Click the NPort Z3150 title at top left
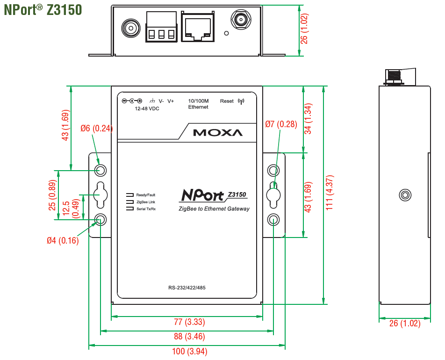[x=43, y=10]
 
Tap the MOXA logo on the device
[x=218, y=132]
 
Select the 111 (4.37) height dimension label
[x=330, y=193]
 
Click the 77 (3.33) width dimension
[x=189, y=322]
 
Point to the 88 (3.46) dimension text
[x=189, y=337]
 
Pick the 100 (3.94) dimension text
[x=189, y=352]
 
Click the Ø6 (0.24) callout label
[x=96, y=128]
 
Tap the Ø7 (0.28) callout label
[x=281, y=124]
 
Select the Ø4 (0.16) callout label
[x=63, y=241]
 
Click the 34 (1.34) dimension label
[x=308, y=119]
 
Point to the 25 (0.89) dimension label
[x=52, y=195]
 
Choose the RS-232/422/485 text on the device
[x=187, y=288]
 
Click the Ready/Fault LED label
[x=145, y=195]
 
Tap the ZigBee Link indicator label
[x=145, y=202]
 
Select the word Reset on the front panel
[x=227, y=101]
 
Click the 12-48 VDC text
[x=147, y=108]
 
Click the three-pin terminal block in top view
[x=161, y=29]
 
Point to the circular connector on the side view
[x=405, y=195]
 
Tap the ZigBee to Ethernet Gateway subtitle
[x=214, y=209]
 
